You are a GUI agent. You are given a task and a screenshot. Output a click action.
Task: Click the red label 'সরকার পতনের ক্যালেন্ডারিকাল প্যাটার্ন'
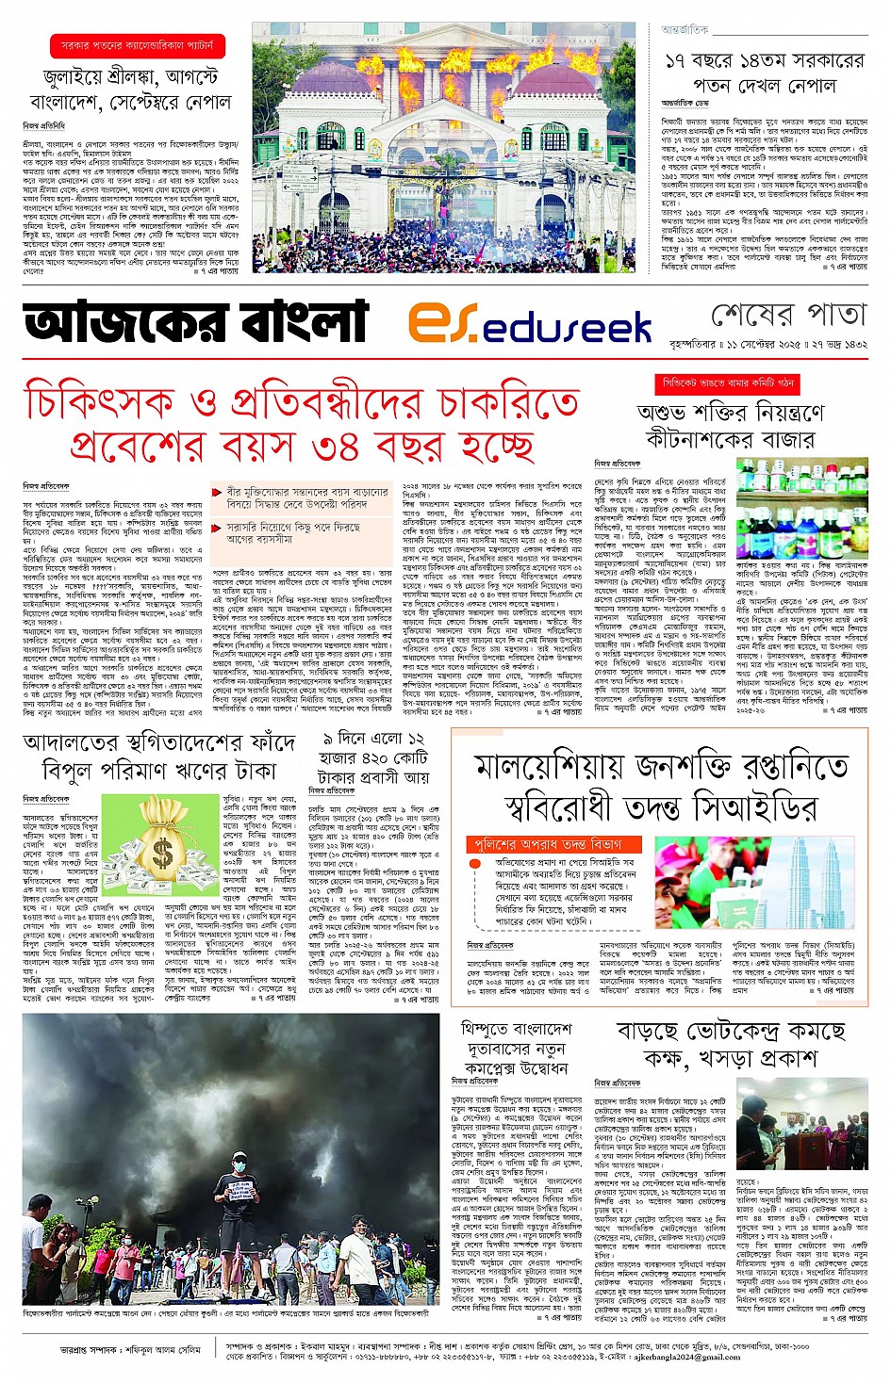137,44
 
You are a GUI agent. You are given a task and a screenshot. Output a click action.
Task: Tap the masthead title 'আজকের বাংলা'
196,322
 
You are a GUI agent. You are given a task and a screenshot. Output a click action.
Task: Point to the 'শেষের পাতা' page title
787,314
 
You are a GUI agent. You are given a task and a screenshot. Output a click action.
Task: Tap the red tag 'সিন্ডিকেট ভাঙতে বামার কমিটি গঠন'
729,384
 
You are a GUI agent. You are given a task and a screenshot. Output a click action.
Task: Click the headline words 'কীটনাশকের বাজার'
730,439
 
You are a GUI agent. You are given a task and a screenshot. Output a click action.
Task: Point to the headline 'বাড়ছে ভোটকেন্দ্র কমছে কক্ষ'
731,1044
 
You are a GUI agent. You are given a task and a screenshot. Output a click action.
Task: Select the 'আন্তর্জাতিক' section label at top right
685,30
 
